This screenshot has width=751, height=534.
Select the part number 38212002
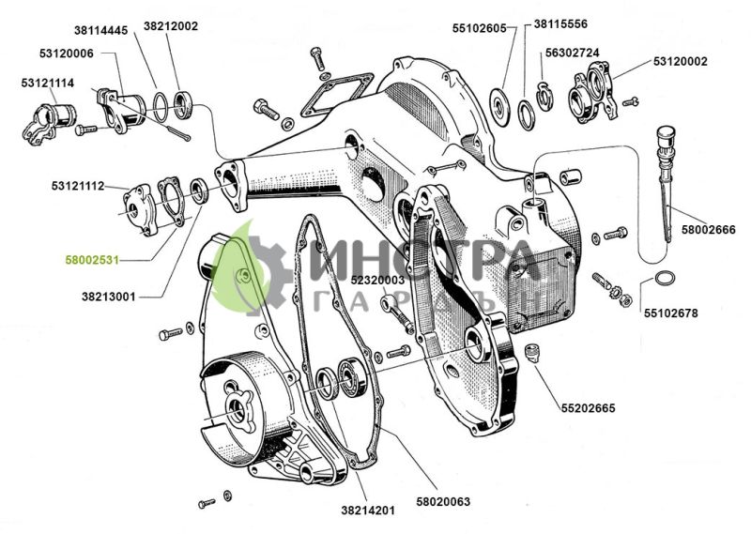click(171, 26)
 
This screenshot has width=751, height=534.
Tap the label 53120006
click(66, 53)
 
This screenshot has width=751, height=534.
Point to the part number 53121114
click(47, 84)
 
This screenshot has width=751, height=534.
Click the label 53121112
click(78, 187)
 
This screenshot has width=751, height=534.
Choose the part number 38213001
click(108, 297)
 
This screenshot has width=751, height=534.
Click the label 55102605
click(479, 28)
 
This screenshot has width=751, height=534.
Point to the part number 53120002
click(681, 61)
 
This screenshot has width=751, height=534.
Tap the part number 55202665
click(588, 409)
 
